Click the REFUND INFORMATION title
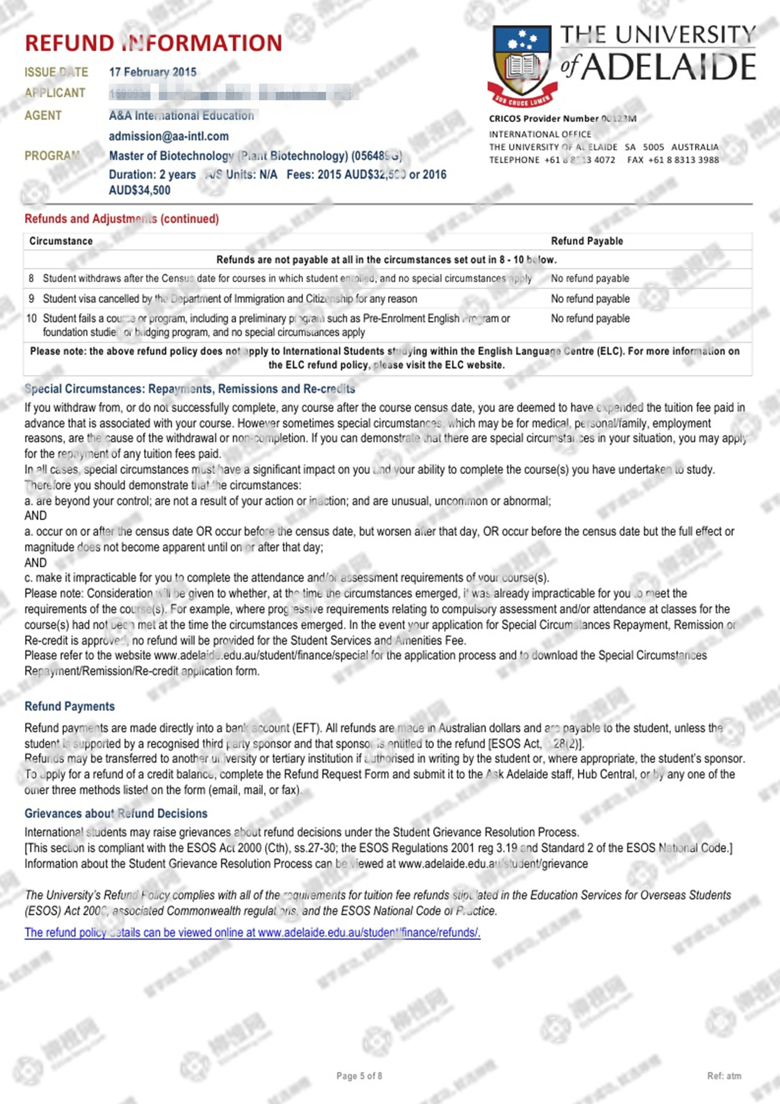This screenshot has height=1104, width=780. (x=153, y=43)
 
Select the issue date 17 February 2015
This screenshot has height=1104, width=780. (x=153, y=72)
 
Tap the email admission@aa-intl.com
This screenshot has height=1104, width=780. (x=169, y=136)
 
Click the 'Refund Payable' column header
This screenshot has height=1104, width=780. (x=587, y=241)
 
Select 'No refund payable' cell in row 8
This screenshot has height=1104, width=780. (x=590, y=279)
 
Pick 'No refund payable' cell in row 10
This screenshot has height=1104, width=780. (x=590, y=319)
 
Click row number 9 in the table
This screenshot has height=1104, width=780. (x=31, y=299)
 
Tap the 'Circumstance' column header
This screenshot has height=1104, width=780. (x=61, y=241)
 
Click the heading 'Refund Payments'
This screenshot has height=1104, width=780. (x=70, y=706)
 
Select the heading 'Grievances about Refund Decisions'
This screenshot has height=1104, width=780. (x=116, y=814)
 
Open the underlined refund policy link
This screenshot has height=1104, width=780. (x=252, y=932)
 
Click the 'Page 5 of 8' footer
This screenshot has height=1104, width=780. (x=359, y=1076)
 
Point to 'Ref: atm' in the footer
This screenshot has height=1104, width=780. (x=724, y=1076)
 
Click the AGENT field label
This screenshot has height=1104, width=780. (x=43, y=116)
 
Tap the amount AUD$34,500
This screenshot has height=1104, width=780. (x=140, y=190)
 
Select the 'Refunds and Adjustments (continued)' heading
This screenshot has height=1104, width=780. (x=121, y=219)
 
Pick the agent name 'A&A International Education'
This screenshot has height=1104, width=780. (x=182, y=116)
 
